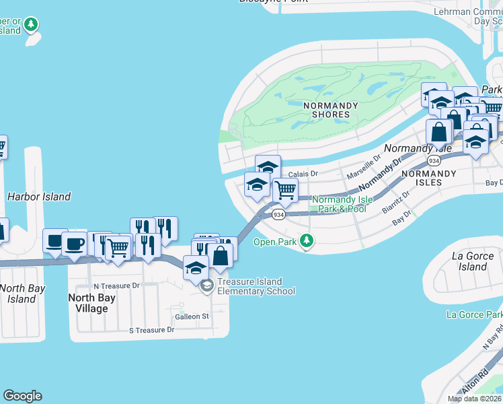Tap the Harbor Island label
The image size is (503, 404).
(38, 197)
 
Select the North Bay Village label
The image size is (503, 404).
(92, 303)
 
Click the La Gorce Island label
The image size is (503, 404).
(469, 261)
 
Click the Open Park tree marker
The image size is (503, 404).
(307, 240)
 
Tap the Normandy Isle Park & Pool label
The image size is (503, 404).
(340, 204)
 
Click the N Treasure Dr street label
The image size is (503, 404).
(116, 286)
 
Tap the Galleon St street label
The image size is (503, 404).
(192, 316)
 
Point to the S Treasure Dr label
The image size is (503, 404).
(151, 330)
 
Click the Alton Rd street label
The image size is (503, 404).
(475, 381)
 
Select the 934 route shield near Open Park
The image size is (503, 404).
(278, 214)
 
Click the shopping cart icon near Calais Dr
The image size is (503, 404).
(286, 190)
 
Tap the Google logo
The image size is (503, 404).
(22, 396)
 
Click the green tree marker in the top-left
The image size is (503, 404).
(31, 25)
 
